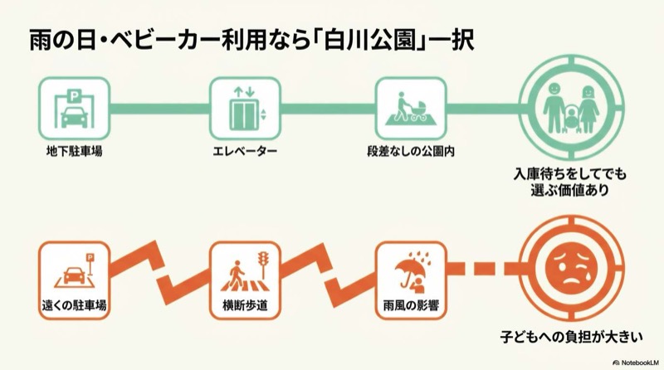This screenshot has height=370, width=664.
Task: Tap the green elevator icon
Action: (239, 109)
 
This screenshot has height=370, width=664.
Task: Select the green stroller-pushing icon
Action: (405, 109)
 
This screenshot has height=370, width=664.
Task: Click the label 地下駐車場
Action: (75, 153)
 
